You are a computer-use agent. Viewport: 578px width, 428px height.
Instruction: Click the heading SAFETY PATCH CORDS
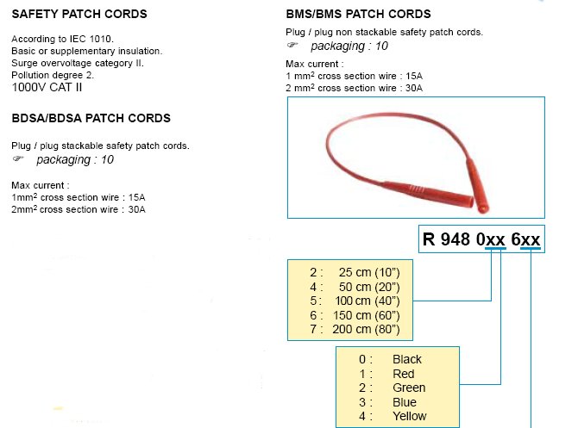pyautogui.click(x=79, y=14)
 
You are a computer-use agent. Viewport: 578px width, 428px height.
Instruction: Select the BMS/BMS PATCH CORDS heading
pyautogui.click(x=358, y=14)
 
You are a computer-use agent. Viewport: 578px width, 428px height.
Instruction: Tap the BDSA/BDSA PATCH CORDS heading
pyautogui.click(x=91, y=118)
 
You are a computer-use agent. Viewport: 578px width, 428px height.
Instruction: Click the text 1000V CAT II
pyautogui.click(x=47, y=88)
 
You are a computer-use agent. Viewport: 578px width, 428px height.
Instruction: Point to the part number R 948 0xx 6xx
pyautogui.click(x=481, y=239)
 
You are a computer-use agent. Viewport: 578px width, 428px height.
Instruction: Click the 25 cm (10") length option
pyautogui.click(x=369, y=272)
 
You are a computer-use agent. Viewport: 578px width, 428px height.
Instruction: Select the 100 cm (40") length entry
pyautogui.click(x=368, y=301)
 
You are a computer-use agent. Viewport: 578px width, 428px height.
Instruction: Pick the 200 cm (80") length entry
pyautogui.click(x=366, y=329)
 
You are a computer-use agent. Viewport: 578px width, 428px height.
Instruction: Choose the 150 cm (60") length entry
pyautogui.click(x=367, y=315)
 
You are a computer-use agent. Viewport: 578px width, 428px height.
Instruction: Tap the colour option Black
pyautogui.click(x=407, y=359)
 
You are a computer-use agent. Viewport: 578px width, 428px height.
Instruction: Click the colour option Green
pyautogui.click(x=409, y=388)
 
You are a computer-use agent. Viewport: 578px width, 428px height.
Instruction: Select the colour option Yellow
pyautogui.click(x=410, y=416)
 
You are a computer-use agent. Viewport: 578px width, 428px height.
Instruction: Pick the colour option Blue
pyautogui.click(x=405, y=402)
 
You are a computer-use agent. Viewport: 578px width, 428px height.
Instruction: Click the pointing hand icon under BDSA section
pyautogui.click(x=18, y=159)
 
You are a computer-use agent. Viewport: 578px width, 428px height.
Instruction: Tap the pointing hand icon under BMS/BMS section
pyautogui.click(x=292, y=45)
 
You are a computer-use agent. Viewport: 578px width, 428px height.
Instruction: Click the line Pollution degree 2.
pyautogui.click(x=53, y=75)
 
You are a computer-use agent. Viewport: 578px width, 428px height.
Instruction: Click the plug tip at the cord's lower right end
pyautogui.click(x=483, y=208)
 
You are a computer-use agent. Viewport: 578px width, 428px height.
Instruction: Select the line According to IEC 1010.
pyautogui.click(x=63, y=39)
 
